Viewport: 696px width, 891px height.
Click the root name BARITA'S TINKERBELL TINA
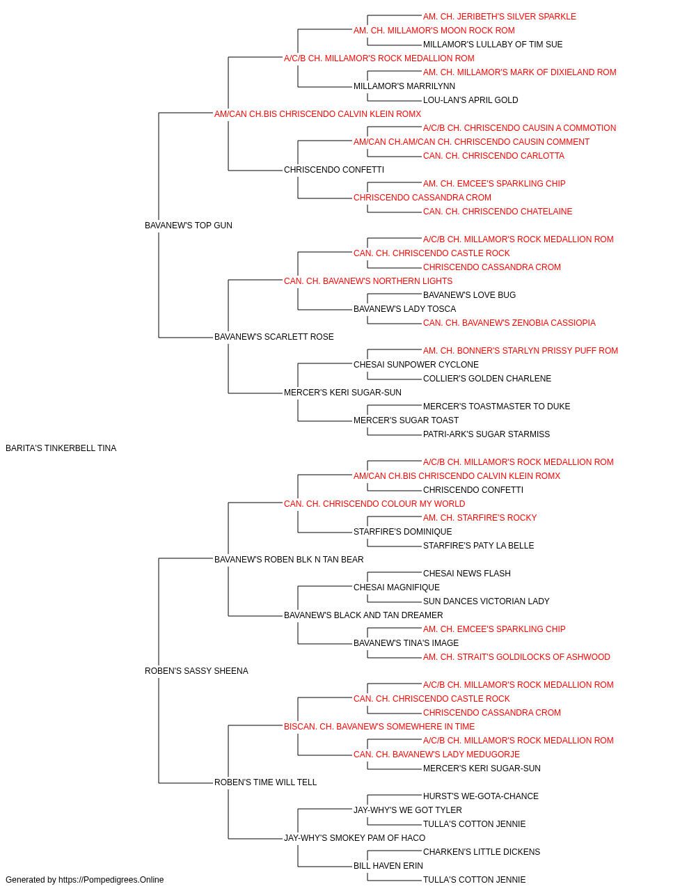pos(61,448)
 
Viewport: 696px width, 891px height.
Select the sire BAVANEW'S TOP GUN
pos(189,226)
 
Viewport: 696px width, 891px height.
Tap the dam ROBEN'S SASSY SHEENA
pos(196,671)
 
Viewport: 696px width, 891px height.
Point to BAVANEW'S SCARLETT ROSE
pos(274,337)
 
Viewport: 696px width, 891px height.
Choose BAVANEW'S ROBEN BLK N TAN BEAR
pos(289,560)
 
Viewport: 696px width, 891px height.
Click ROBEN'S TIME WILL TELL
pos(266,782)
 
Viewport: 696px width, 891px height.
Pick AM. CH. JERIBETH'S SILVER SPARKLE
pos(499,17)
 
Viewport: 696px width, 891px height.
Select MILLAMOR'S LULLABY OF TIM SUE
pos(493,45)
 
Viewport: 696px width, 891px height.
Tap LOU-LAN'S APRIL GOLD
pos(470,100)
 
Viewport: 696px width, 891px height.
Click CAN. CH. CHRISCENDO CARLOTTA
pos(493,156)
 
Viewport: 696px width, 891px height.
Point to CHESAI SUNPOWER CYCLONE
pos(416,365)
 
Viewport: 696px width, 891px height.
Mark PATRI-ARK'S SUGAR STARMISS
pos(487,434)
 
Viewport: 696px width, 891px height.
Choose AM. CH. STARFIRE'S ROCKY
pos(480,518)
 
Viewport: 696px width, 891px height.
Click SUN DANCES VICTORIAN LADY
pos(486,601)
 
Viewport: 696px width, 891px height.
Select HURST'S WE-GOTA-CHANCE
pos(481,796)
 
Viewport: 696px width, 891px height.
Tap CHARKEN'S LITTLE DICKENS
pos(482,852)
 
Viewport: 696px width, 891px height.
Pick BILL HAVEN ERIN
pos(388,866)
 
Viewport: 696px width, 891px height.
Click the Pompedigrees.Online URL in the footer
pos(111,880)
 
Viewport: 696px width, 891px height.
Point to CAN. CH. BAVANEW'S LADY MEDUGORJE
pos(436,755)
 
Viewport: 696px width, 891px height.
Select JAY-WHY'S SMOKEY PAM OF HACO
pos(354,838)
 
